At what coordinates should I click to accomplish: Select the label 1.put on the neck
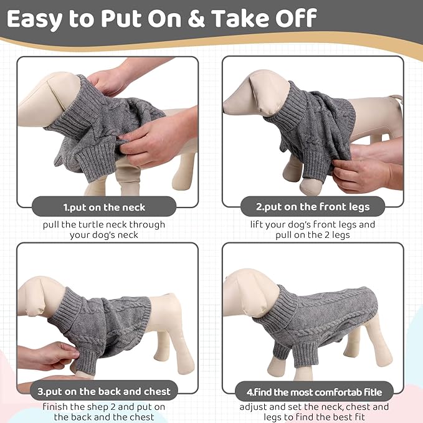pos(104,206)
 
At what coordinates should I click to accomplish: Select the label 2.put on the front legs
pos(312,206)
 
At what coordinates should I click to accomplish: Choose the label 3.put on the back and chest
pos(104,391)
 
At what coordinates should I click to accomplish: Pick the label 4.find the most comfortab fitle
pos(312,391)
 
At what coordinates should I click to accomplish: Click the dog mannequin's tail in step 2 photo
pos(395,100)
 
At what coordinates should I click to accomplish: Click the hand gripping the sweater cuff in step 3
pos(53,356)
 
